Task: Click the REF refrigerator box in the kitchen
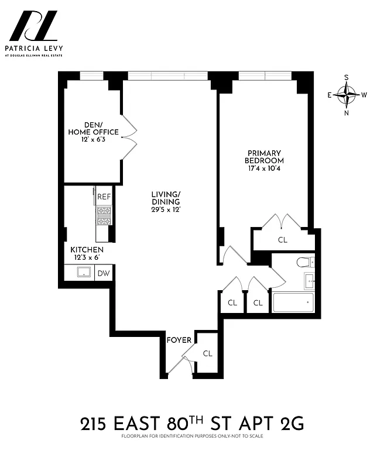coord(104,197)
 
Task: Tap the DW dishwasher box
coord(104,273)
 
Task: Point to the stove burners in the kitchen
coord(104,217)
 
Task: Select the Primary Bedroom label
coord(264,157)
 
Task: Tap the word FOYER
coord(179,340)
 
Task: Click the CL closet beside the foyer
coord(207,353)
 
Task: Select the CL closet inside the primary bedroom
coord(283,240)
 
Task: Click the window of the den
coord(91,75)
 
